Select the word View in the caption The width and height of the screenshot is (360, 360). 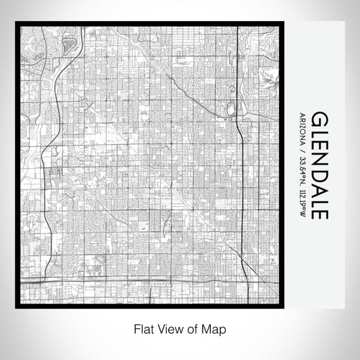[167, 328]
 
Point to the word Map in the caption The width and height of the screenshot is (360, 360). [214, 328]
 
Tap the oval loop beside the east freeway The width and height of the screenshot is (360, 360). [229, 110]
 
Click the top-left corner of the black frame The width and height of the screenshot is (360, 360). [16, 23]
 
